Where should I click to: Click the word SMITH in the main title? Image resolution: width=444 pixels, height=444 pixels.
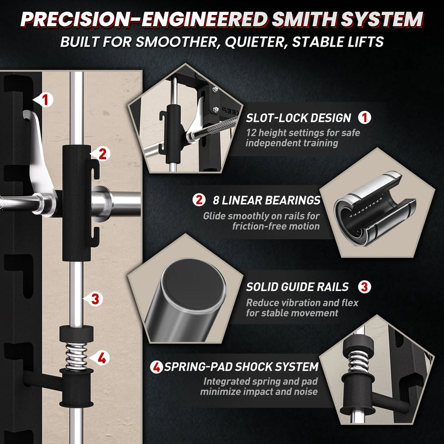click(x=304, y=19)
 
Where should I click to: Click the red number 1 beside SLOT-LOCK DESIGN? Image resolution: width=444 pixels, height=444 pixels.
click(x=365, y=118)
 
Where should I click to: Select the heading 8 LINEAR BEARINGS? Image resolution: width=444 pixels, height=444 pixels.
click(x=266, y=200)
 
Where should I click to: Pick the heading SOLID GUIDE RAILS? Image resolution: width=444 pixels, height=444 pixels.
click(x=297, y=287)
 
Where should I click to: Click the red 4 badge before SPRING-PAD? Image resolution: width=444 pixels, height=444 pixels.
click(x=157, y=367)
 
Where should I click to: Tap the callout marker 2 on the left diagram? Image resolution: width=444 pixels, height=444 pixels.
click(x=101, y=154)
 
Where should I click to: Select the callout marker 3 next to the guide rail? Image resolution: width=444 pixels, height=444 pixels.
click(x=94, y=299)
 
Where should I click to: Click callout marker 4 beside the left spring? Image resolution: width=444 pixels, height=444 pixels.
click(x=100, y=358)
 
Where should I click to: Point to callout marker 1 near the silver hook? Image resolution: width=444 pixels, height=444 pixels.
click(x=44, y=100)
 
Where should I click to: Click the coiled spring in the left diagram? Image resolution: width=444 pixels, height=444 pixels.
click(x=76, y=356)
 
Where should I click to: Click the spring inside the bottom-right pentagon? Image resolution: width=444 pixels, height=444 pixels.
click(x=358, y=361)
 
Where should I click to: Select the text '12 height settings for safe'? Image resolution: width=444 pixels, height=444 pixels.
click(x=302, y=133)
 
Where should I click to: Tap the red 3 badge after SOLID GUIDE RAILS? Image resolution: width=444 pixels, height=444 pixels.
click(x=365, y=287)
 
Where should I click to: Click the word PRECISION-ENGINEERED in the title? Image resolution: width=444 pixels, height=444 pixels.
click(x=144, y=19)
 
